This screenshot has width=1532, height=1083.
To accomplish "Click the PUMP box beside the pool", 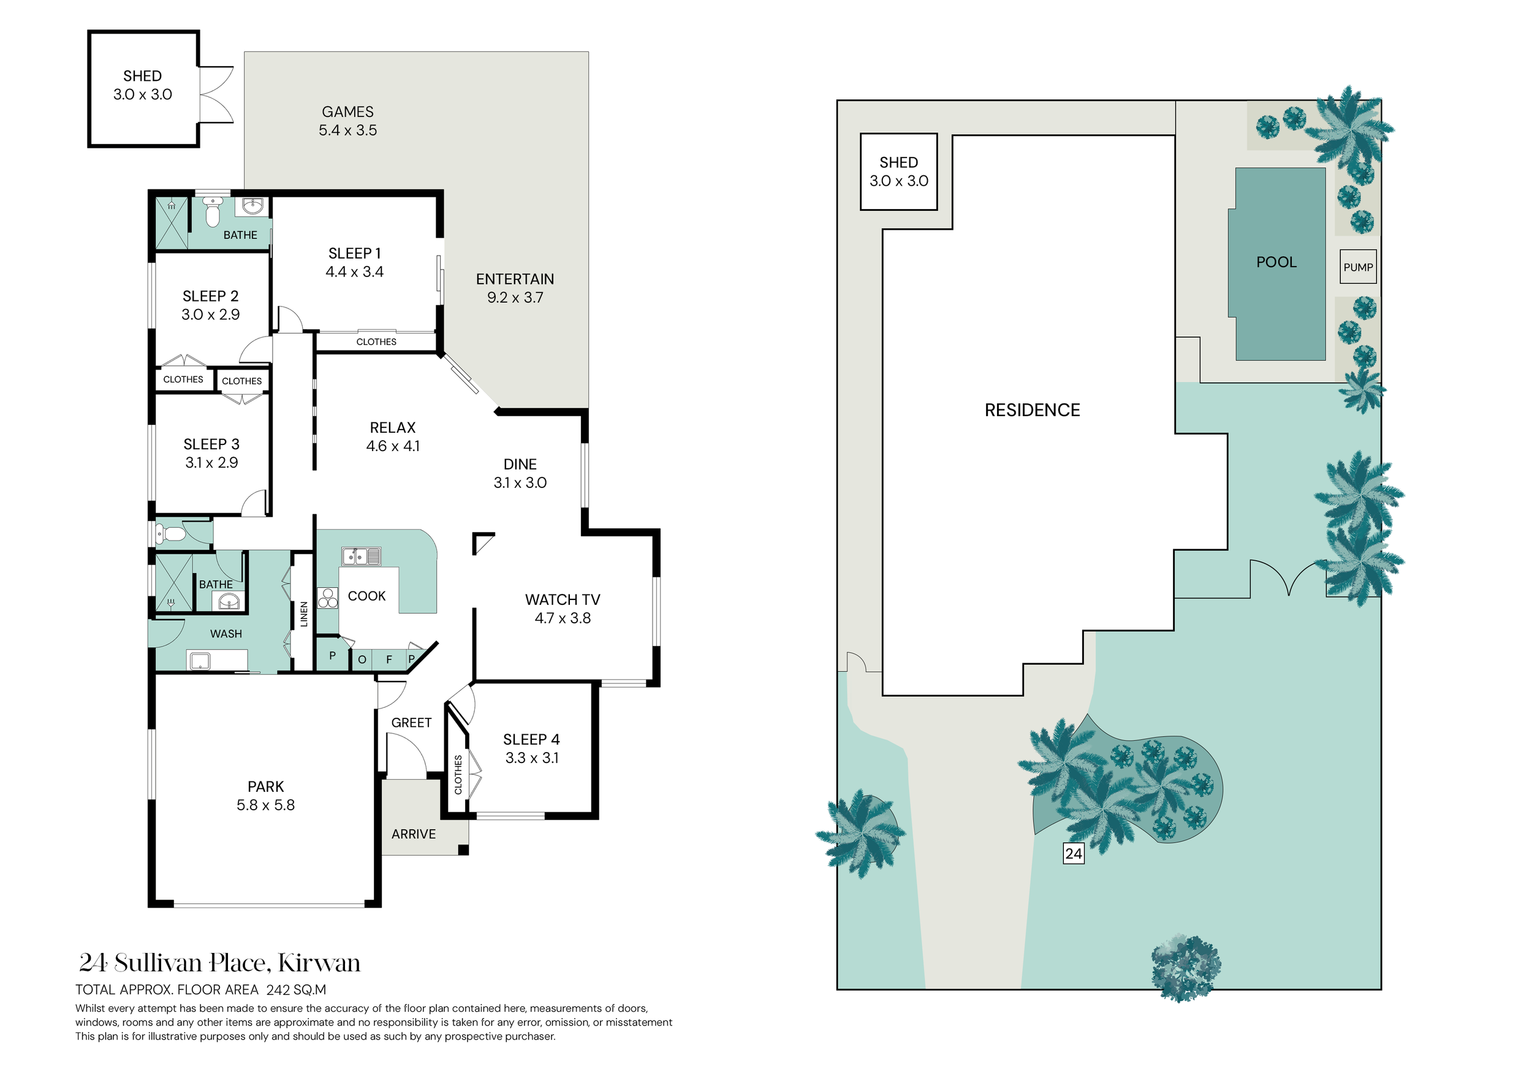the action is (x=1358, y=267).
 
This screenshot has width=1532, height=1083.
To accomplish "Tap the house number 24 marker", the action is (x=1074, y=853).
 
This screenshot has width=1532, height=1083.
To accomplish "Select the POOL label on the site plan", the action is (x=1276, y=262).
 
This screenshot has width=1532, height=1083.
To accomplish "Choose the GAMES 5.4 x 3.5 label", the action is (x=347, y=121).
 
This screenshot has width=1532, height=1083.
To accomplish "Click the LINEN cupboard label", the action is (x=303, y=614).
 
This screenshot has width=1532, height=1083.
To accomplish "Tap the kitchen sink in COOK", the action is (x=361, y=556).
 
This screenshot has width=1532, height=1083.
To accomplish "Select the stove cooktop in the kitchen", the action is (x=328, y=597).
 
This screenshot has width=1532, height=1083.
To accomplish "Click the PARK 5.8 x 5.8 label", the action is (x=265, y=796).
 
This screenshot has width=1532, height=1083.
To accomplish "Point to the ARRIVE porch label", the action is (x=414, y=834).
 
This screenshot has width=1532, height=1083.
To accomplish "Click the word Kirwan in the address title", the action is (x=319, y=963).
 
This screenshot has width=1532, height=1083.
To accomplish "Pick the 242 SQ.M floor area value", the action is (x=296, y=990).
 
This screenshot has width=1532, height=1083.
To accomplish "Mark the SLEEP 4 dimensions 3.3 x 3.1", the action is (x=532, y=758).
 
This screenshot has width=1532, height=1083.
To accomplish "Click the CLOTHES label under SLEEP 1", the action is (x=376, y=341).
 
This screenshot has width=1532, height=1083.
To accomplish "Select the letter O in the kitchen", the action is (x=362, y=660).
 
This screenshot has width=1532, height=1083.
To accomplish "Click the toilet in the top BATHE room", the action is (x=212, y=211).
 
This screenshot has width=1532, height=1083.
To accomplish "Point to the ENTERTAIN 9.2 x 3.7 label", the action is (x=515, y=288).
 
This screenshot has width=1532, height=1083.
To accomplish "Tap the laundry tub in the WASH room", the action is (x=200, y=661).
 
